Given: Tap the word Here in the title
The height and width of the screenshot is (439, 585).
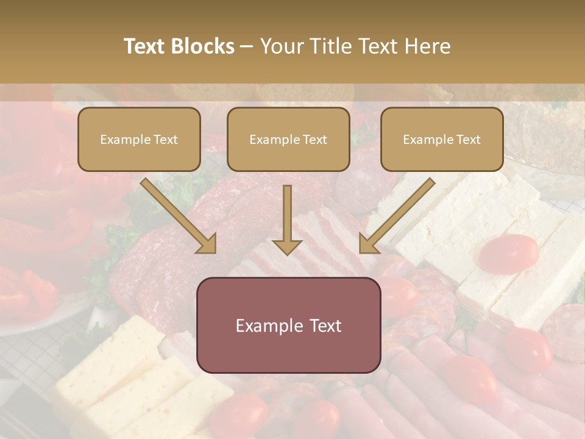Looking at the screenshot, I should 427,46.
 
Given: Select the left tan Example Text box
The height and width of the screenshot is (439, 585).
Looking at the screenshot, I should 139,140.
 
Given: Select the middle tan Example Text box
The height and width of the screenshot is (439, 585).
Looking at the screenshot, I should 288,140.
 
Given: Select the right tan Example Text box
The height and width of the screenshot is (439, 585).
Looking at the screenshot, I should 442,140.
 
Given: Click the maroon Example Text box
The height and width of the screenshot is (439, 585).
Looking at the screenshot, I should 288,326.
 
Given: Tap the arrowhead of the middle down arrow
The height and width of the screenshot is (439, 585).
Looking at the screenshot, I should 287,246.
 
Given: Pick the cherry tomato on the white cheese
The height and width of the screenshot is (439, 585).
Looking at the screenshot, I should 508,252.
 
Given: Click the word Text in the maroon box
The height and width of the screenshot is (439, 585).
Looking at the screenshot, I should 321,326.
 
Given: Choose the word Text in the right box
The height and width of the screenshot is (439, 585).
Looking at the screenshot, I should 469,140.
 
